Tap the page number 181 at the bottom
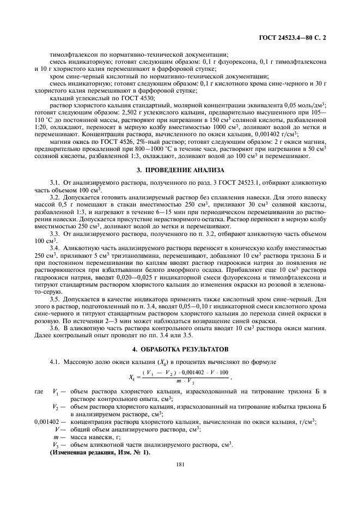(180, 465)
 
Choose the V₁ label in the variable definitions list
(55, 392)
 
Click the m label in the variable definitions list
(56, 438)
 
